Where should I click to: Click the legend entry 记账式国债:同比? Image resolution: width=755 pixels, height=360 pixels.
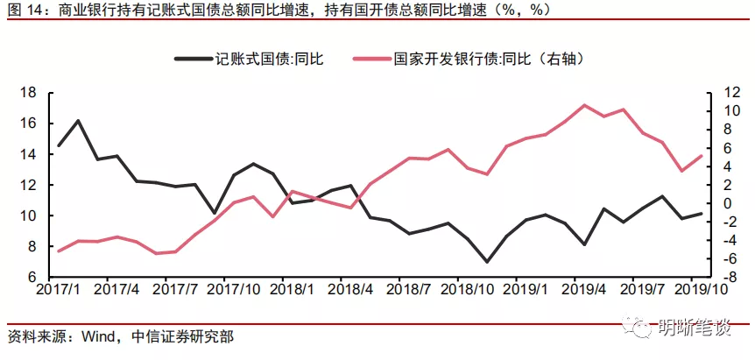pyautogui.click(x=249, y=60)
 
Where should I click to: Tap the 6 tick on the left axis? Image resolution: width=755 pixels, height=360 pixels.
pyautogui.click(x=32, y=277)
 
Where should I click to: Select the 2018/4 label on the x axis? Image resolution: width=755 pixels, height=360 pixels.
pyautogui.click(x=341, y=290)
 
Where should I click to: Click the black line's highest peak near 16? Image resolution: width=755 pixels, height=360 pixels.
pyautogui.click(x=78, y=120)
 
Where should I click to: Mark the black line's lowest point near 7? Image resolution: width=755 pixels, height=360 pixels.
pyautogui.click(x=487, y=262)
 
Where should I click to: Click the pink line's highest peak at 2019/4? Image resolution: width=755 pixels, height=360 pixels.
pyautogui.click(x=584, y=105)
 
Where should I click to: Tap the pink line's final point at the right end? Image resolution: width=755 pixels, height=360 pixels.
pyautogui.click(x=701, y=155)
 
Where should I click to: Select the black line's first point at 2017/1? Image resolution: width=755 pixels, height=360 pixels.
pyautogui.click(x=59, y=145)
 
